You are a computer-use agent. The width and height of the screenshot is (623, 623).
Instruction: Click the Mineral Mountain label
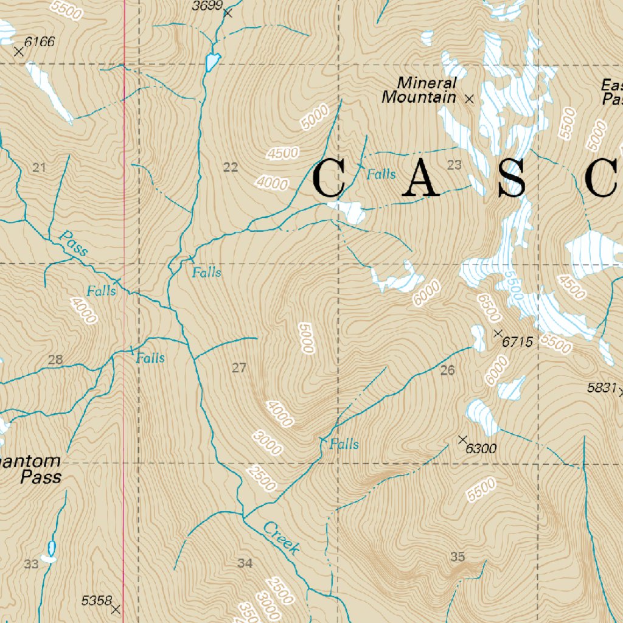(x=419, y=90)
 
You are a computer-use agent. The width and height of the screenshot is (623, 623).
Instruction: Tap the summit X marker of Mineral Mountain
(x=469, y=99)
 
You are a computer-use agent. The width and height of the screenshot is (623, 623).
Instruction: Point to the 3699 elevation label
(x=205, y=7)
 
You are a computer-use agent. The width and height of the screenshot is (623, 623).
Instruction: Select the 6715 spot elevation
(x=518, y=343)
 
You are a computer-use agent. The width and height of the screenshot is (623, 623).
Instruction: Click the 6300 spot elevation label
(x=481, y=449)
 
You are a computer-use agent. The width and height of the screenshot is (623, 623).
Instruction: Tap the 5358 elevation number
(x=96, y=601)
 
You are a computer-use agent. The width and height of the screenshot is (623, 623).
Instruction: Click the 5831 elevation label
(x=602, y=387)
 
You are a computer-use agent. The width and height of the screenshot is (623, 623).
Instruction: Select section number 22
(x=231, y=168)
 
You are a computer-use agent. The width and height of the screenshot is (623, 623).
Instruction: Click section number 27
(x=239, y=367)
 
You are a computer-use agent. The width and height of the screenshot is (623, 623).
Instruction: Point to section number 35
(x=458, y=556)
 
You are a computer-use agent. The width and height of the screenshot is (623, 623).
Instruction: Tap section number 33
(x=32, y=564)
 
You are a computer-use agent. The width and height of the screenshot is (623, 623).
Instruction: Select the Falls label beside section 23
(x=381, y=175)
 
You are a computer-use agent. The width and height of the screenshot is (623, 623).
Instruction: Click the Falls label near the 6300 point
(x=344, y=444)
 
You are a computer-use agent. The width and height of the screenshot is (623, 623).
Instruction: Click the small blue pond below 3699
(x=212, y=62)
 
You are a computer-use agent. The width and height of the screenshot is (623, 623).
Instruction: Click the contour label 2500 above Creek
(x=262, y=478)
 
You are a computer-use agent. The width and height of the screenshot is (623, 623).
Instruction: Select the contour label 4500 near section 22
(x=282, y=154)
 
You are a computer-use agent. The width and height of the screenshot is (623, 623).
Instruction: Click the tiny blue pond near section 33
(x=51, y=548)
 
